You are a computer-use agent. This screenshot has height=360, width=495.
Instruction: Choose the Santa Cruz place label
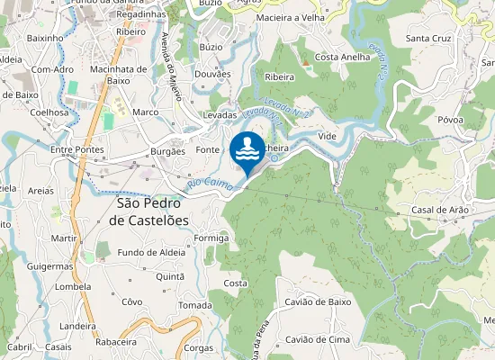(428, 39)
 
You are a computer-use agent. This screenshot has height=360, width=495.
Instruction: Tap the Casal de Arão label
(440, 210)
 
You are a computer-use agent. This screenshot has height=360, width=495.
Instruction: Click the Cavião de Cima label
(317, 339)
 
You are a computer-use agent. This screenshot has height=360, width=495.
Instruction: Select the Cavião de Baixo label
(318, 302)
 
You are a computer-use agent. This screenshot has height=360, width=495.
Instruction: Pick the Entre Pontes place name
(77, 150)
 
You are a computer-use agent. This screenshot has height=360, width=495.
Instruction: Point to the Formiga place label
(211, 238)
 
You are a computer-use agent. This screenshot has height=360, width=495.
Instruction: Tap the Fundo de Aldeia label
(151, 252)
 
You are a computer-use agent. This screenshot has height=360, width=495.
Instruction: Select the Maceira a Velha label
(292, 18)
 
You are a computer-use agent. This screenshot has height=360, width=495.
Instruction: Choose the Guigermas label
(49, 266)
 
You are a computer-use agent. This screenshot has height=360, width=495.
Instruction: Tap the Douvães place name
(213, 74)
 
